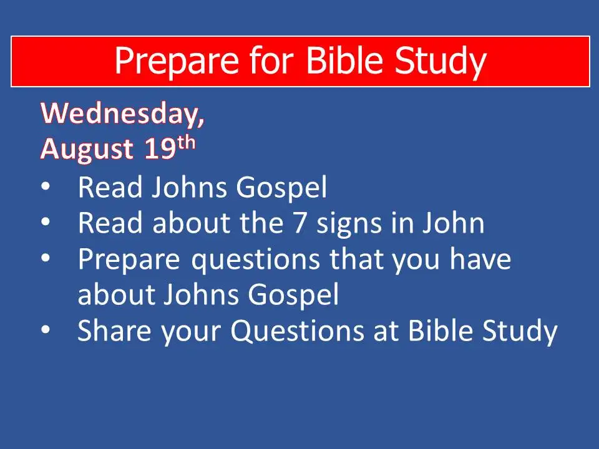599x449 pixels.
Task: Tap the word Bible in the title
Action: pyautogui.click(x=344, y=60)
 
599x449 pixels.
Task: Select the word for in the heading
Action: pyautogui.click(x=271, y=60)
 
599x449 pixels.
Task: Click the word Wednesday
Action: pyautogui.click(x=122, y=114)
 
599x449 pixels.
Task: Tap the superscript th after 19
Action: pyautogui.click(x=186, y=143)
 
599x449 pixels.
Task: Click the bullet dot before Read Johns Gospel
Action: pyautogui.click(x=46, y=187)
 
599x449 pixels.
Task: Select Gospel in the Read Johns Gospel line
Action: pyautogui.click(x=282, y=188)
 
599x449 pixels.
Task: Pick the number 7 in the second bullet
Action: pyautogui.click(x=300, y=223)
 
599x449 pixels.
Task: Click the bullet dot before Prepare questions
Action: pyautogui.click(x=46, y=258)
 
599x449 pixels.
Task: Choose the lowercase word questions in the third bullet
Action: pyautogui.click(x=256, y=260)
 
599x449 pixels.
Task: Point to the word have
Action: pyautogui.click(x=480, y=258)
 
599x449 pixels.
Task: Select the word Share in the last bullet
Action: pyautogui.click(x=114, y=331)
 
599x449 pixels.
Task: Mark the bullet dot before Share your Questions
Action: pyautogui.click(x=46, y=329)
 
